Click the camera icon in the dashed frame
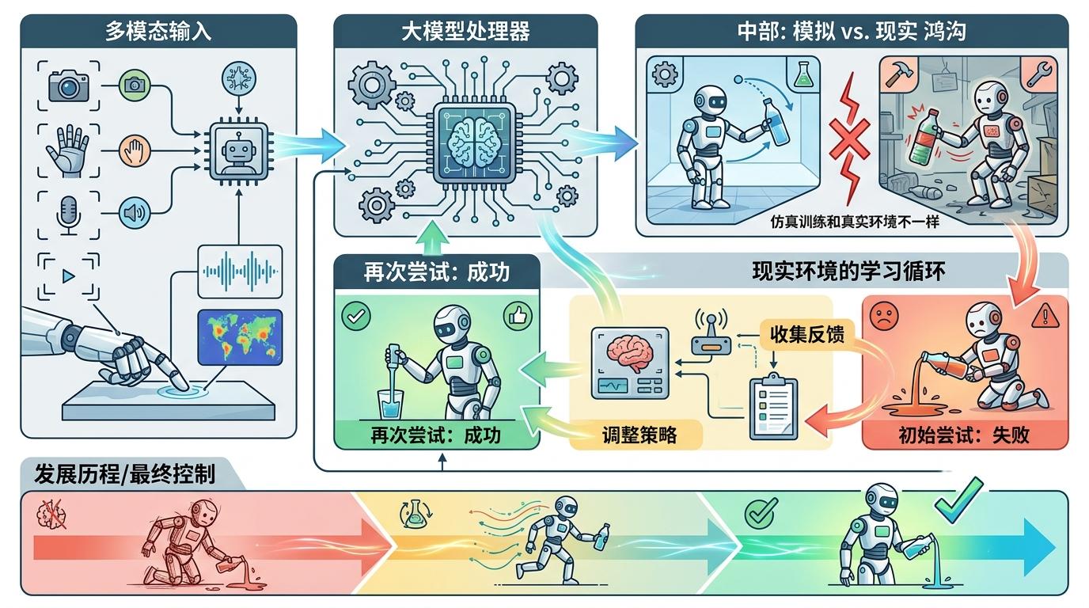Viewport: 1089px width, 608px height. [69, 86]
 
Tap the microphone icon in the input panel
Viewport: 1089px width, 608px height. [69, 215]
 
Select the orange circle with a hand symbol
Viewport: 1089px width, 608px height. [135, 150]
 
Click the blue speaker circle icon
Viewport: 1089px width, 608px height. [135, 212]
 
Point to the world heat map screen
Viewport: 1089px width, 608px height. [240, 337]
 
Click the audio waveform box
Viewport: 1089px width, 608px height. [240, 272]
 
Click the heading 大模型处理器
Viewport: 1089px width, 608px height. [465, 31]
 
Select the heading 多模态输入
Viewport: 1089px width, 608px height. [158, 31]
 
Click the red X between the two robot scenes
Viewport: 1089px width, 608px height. [849, 139]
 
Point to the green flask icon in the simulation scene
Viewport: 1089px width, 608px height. [803, 74]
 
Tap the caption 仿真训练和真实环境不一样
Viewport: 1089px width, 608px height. [854, 222]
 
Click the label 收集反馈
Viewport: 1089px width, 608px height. [807, 335]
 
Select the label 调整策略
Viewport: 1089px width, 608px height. [639, 435]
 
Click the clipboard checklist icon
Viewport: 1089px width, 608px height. [773, 407]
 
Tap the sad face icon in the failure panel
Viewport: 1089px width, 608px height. [884, 317]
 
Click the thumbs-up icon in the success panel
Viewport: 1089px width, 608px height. [518, 317]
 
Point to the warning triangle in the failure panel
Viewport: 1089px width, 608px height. [1045, 317]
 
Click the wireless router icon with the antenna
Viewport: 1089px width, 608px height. [711, 331]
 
